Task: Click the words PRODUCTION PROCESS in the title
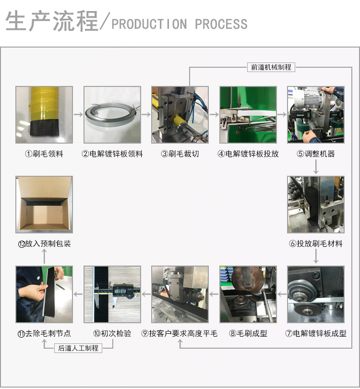click(x=180, y=24)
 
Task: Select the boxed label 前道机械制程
click(x=271, y=67)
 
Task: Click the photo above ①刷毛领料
click(x=44, y=115)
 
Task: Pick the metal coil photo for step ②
click(x=112, y=115)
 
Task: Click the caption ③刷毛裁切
click(x=180, y=154)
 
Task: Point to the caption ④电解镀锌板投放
click(x=248, y=154)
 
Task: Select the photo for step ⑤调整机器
click(x=316, y=115)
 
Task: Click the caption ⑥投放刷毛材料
click(x=316, y=243)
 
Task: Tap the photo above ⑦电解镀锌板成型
click(x=316, y=294)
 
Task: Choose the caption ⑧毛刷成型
click(x=248, y=333)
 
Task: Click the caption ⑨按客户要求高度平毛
click(x=180, y=333)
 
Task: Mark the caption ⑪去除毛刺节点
click(x=44, y=333)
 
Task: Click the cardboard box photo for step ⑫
click(x=44, y=205)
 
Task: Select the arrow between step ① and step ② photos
click(x=78, y=115)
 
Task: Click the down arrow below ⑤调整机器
click(x=316, y=167)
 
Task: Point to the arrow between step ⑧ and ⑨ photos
click(x=214, y=294)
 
